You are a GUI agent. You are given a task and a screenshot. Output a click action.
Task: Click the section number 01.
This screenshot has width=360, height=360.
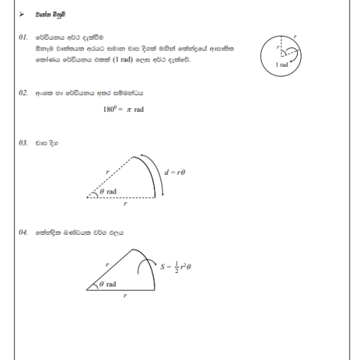coord(23,37)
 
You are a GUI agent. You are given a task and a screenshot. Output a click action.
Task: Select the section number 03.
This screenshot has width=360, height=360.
coord(23,141)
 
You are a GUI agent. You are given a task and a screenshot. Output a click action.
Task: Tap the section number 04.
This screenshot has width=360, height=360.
coord(23,232)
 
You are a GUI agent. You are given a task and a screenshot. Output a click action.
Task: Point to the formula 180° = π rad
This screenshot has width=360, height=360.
coord(123,109)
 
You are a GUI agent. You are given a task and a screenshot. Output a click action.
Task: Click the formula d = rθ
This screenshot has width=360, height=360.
coord(174,172)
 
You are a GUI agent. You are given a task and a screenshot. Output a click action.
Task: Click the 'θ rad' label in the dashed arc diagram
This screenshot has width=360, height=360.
coord(108,191)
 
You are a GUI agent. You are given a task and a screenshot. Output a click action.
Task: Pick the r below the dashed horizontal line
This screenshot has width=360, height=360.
coord(125,203)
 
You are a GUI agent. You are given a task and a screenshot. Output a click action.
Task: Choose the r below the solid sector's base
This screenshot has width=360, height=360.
coord(125,296)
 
